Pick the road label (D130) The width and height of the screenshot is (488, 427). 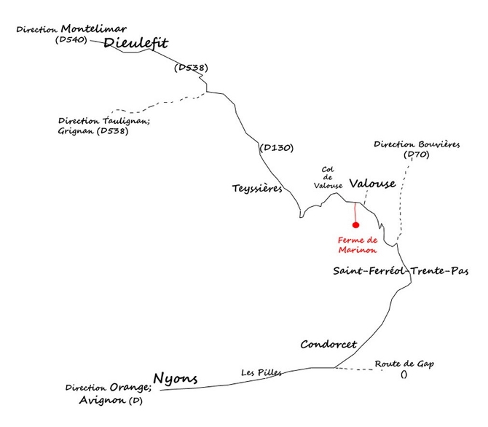click(x=276, y=147)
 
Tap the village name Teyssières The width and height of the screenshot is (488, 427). click(x=257, y=188)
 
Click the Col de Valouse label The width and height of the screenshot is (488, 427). click(x=328, y=178)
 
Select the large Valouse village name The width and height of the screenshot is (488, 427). click(x=373, y=184)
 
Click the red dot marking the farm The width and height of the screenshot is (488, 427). click(x=356, y=225)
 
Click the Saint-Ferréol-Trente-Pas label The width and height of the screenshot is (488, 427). click(x=401, y=271)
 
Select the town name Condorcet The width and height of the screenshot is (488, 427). click(x=328, y=344)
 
